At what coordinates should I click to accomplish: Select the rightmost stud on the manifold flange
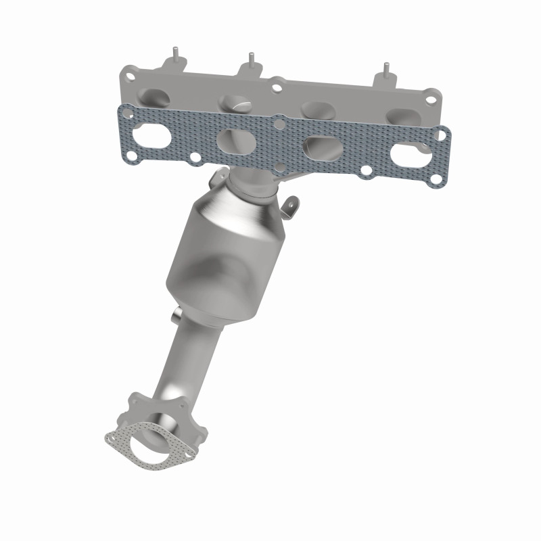386,70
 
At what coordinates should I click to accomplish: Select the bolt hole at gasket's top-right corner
441,136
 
